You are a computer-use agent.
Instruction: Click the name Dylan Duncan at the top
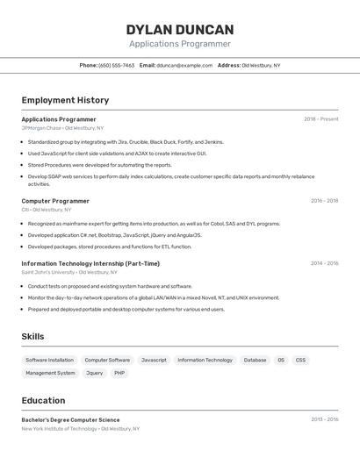(180, 29)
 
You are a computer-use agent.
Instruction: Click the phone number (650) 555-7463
(117, 65)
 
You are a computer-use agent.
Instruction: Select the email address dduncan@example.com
(184, 65)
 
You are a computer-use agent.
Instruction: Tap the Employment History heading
(65, 100)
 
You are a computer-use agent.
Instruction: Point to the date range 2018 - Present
(320, 119)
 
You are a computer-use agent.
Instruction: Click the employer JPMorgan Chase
(41, 128)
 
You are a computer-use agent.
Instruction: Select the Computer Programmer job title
(55, 201)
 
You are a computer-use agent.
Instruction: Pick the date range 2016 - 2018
(324, 201)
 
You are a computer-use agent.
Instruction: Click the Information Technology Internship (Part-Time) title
(90, 263)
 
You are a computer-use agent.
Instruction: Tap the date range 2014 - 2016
(324, 263)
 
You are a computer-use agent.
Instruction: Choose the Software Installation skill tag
(49, 360)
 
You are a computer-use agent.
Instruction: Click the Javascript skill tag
(154, 360)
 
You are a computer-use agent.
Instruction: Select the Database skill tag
(255, 360)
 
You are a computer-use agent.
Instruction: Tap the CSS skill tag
(300, 360)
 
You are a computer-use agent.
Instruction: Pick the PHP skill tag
(119, 373)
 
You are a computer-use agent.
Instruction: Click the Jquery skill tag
(94, 373)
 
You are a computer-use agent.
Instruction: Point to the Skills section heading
(32, 337)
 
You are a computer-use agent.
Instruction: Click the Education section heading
(43, 400)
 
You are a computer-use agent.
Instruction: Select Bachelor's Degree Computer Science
(70, 419)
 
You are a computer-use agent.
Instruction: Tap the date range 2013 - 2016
(324, 419)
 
